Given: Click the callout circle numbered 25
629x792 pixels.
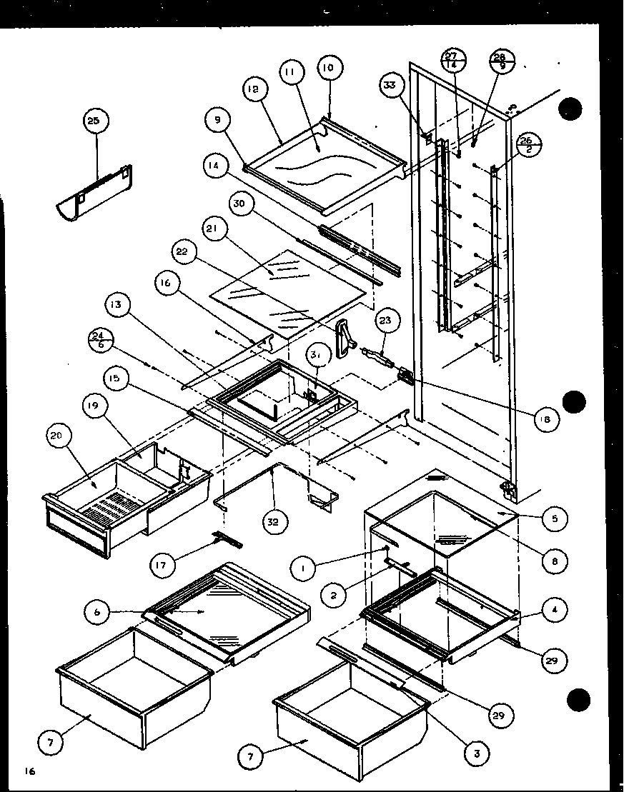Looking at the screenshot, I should (94, 121).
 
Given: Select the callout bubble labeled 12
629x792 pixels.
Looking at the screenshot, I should (256, 89).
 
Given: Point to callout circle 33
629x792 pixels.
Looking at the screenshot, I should (389, 86).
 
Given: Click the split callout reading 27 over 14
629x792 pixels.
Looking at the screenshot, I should (452, 60).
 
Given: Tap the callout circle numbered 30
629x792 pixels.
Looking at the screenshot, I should (240, 204).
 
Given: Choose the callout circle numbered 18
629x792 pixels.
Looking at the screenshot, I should (546, 420).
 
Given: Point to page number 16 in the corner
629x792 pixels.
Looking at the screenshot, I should (29, 771).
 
